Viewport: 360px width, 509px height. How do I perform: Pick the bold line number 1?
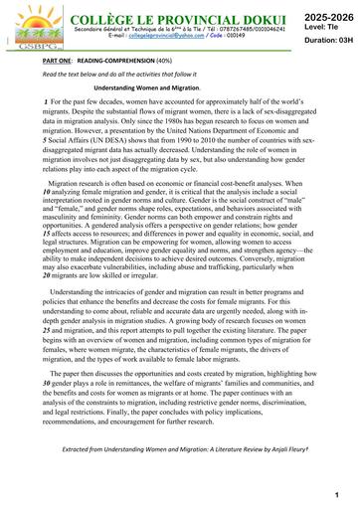pyautogui.click(x=45, y=104)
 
